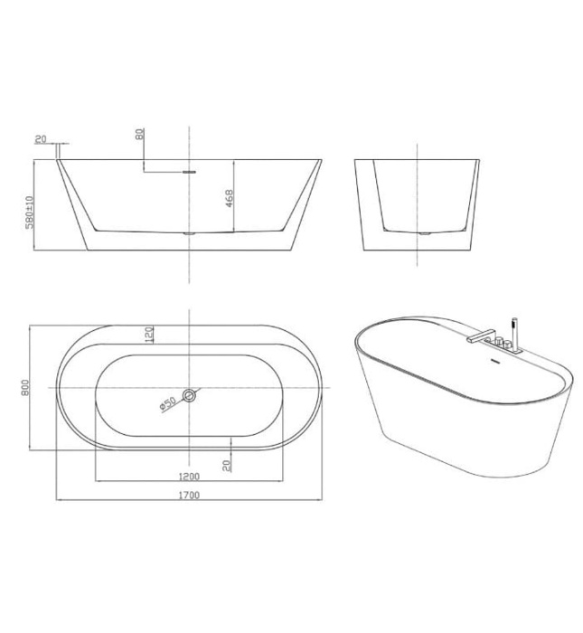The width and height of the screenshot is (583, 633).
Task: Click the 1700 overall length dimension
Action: [x=189, y=495]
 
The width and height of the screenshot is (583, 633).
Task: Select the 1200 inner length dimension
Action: [x=189, y=475]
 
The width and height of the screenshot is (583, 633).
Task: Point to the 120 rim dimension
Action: [x=148, y=335]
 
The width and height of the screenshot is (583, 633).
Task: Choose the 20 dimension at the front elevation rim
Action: [x=41, y=138]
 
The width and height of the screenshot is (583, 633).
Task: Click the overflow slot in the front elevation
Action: [x=188, y=168]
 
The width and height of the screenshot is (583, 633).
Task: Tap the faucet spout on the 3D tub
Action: [x=477, y=335]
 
